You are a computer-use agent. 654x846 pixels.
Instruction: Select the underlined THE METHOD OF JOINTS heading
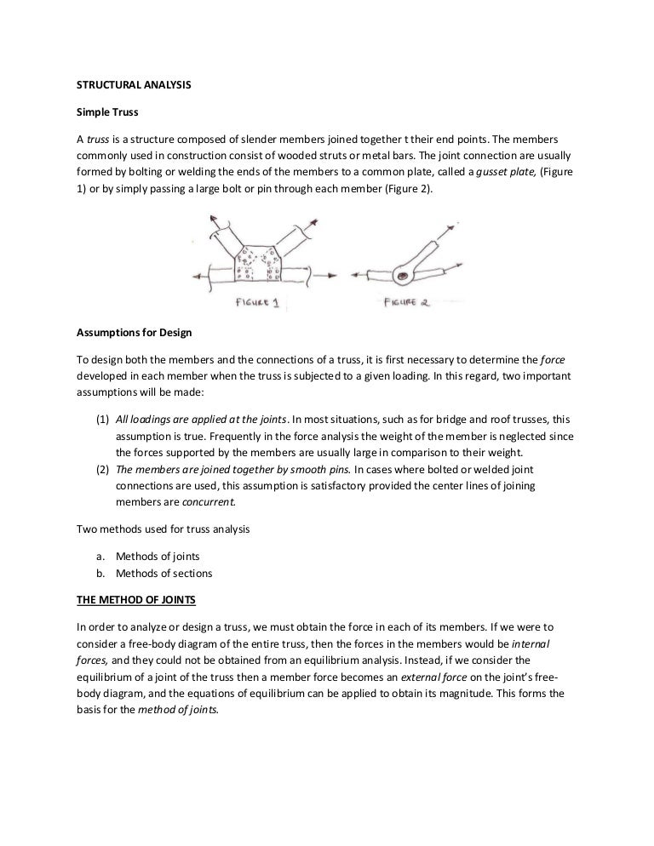[x=136, y=599]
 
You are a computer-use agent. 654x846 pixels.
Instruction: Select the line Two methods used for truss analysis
[x=163, y=529]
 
